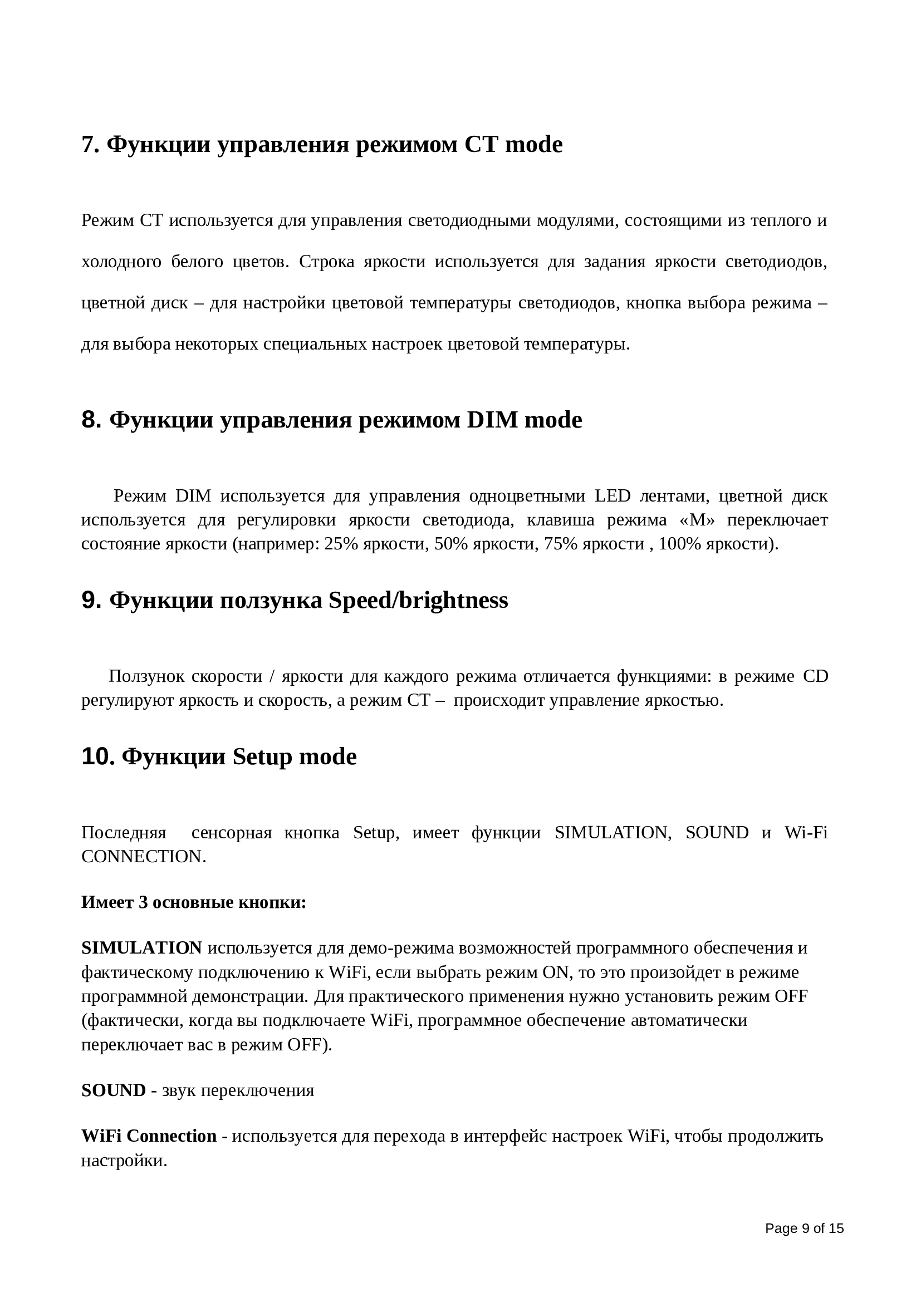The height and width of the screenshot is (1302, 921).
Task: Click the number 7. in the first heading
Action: (x=90, y=145)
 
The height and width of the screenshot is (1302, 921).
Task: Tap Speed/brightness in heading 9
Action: (x=418, y=601)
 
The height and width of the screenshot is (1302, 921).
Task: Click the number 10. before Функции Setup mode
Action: (x=98, y=757)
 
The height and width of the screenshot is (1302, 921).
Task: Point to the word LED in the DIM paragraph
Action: (x=613, y=496)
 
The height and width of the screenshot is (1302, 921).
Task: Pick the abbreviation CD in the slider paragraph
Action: (x=816, y=676)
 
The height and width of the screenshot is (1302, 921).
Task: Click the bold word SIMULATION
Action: (x=142, y=947)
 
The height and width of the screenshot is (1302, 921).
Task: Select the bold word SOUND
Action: (x=114, y=1090)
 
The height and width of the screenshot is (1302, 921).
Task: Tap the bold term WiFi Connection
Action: (x=149, y=1136)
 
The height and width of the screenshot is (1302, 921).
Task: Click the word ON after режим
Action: (x=555, y=972)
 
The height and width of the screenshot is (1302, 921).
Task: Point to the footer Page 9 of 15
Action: (x=804, y=1229)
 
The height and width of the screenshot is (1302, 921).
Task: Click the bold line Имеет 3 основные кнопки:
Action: (x=193, y=902)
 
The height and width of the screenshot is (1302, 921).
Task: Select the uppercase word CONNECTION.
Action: (x=143, y=856)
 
